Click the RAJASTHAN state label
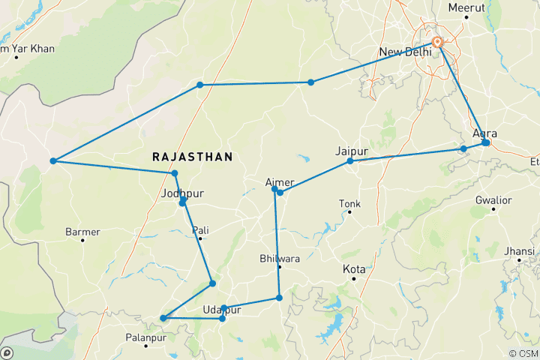click(x=192, y=157)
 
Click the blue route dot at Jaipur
click(x=349, y=161)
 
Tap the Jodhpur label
click(x=182, y=193)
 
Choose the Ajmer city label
click(x=280, y=181)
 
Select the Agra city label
click(x=485, y=133)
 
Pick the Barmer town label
click(x=82, y=232)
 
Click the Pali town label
click(x=200, y=230)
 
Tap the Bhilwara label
click(x=279, y=259)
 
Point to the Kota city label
click(x=354, y=268)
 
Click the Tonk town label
click(x=349, y=203)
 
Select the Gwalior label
click(x=493, y=200)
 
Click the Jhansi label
click(x=519, y=250)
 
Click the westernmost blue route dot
click(x=53, y=161)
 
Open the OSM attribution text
click(x=522, y=353)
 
